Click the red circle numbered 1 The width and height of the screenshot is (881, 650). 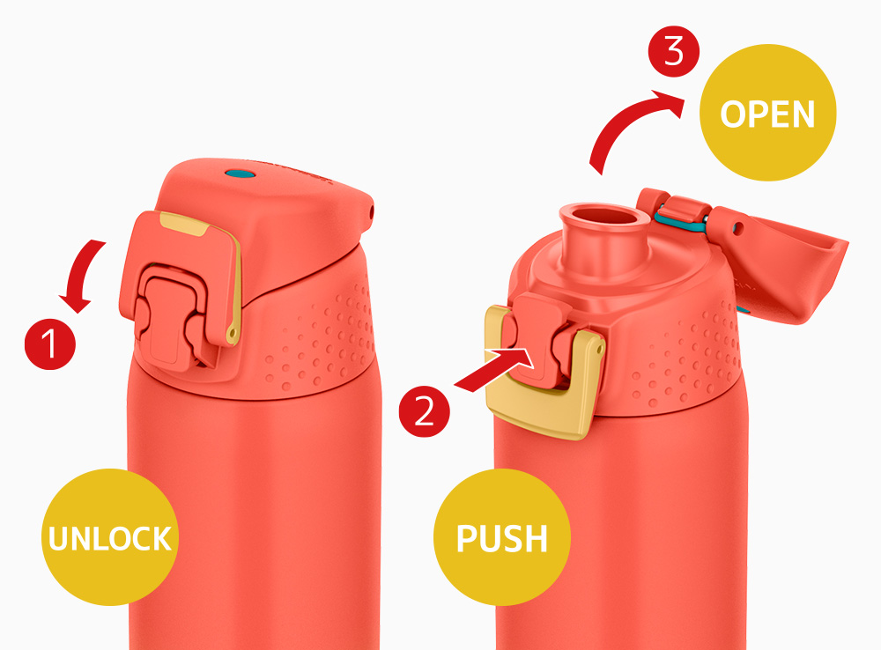pyautogui.click(x=50, y=343)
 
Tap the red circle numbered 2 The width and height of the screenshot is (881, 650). pyautogui.click(x=425, y=411)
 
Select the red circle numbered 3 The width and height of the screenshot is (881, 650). pyautogui.click(x=674, y=52)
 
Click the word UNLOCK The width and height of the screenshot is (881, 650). pyautogui.click(x=110, y=538)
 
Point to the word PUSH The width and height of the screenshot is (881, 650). pyautogui.click(x=502, y=538)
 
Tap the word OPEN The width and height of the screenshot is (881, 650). pyautogui.click(x=767, y=114)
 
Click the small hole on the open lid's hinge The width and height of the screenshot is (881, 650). pyautogui.click(x=739, y=228)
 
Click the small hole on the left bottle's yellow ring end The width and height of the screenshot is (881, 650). pyautogui.click(x=231, y=336)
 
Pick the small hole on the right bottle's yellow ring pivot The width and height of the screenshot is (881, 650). pyautogui.click(x=600, y=350)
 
